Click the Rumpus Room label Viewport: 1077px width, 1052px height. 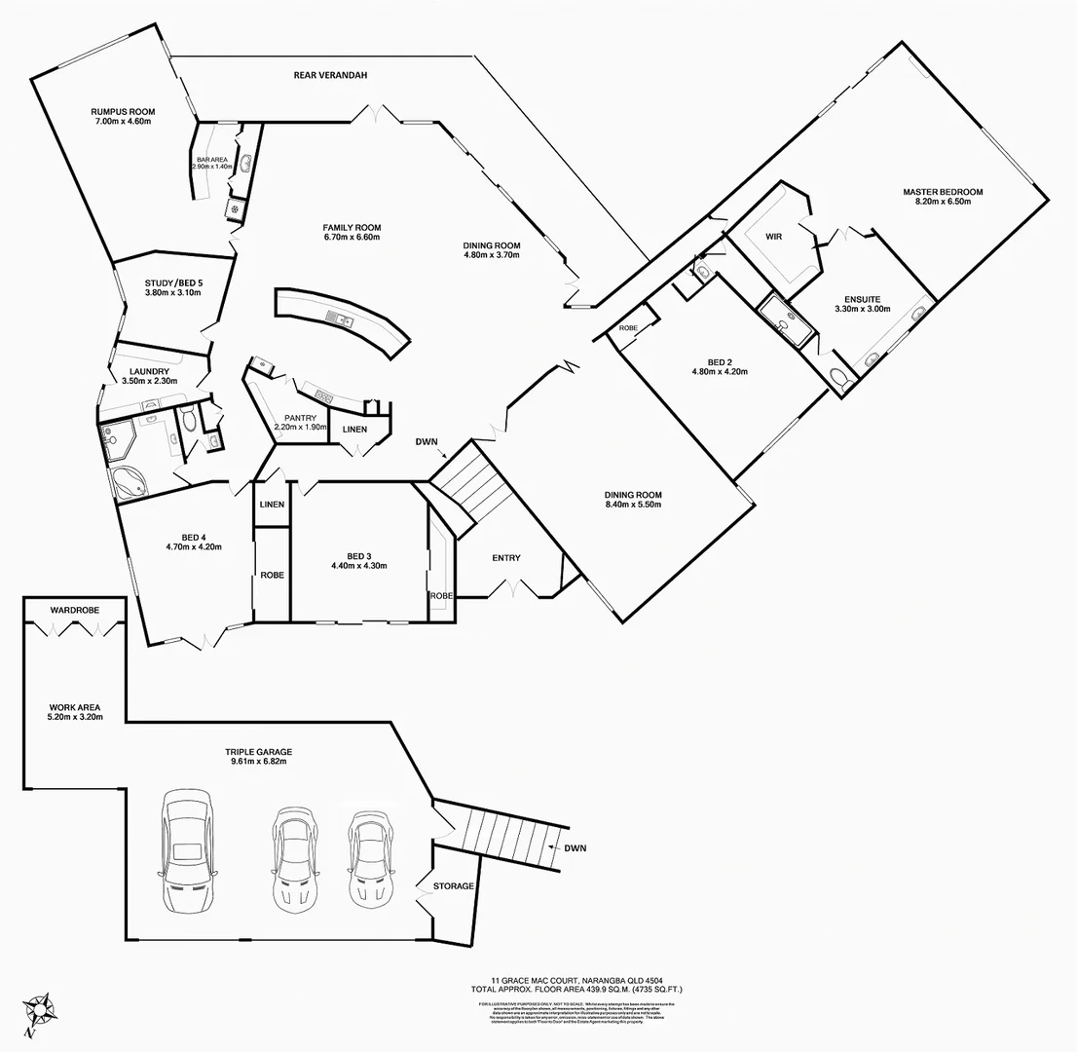[x=124, y=112]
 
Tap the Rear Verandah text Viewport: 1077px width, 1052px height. [x=330, y=75]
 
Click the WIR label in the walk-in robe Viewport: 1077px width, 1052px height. [x=773, y=237]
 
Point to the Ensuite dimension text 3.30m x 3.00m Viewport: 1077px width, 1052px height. [x=862, y=309]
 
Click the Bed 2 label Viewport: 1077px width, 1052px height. [x=719, y=361]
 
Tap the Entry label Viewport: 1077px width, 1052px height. [x=505, y=558]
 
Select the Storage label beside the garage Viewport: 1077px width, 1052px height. [x=454, y=886]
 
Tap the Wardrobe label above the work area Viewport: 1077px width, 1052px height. [x=74, y=610]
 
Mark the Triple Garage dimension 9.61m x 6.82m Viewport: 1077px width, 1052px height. [x=258, y=762]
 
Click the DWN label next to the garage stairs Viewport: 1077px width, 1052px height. [x=575, y=848]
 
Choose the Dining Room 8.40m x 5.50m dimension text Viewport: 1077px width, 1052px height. [x=633, y=505]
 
